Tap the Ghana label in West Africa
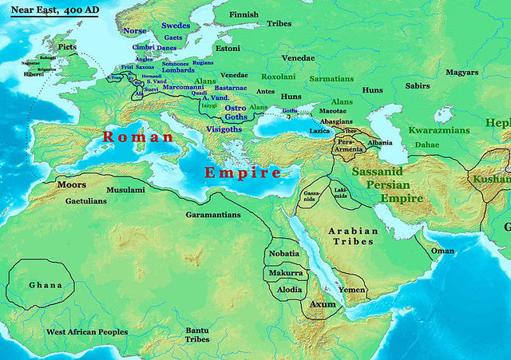click(45, 285)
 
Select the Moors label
click(72, 184)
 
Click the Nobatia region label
click(284, 253)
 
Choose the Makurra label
click(284, 272)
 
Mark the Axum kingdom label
click(323, 304)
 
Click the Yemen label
click(352, 289)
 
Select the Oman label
click(442, 251)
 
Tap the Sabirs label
click(418, 85)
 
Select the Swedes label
click(175, 26)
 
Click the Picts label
click(68, 47)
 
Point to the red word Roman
click(138, 137)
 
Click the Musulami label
click(126, 190)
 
